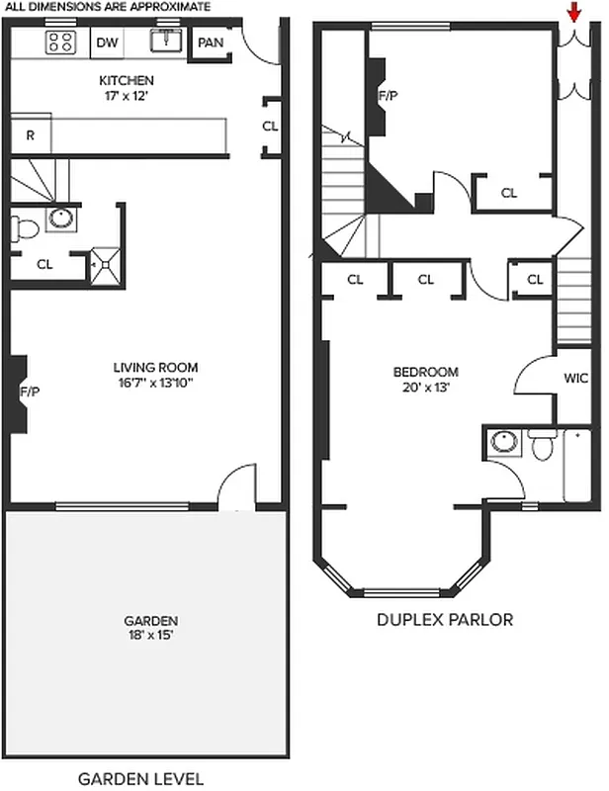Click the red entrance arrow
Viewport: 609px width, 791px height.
(x=572, y=13)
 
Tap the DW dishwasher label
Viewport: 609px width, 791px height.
(x=107, y=42)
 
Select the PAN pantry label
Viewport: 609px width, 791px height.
(x=211, y=43)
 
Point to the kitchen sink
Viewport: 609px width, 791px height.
(x=165, y=42)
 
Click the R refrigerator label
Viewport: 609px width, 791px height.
(x=31, y=135)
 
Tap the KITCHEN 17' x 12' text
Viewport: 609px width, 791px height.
(x=127, y=88)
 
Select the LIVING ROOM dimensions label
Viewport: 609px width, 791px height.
(x=152, y=376)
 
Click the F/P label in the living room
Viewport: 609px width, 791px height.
(x=29, y=393)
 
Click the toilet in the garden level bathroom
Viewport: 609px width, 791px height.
(x=27, y=229)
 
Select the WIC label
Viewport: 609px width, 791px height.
(x=575, y=378)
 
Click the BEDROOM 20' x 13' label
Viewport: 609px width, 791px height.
(x=425, y=380)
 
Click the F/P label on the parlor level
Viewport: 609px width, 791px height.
(x=387, y=97)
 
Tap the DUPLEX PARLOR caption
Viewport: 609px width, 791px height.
(x=445, y=621)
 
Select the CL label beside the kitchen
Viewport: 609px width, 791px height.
(x=270, y=126)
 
